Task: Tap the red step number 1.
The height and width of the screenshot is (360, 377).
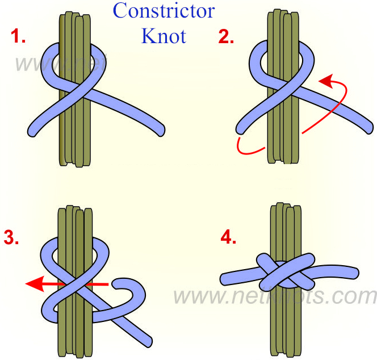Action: pos(18,37)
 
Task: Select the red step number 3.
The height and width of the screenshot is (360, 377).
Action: pos(11,237)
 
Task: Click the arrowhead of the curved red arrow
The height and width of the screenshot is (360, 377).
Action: pos(325,81)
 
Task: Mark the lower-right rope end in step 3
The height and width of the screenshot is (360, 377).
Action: pos(146,341)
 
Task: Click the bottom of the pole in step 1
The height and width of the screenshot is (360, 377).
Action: pos(74,162)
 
